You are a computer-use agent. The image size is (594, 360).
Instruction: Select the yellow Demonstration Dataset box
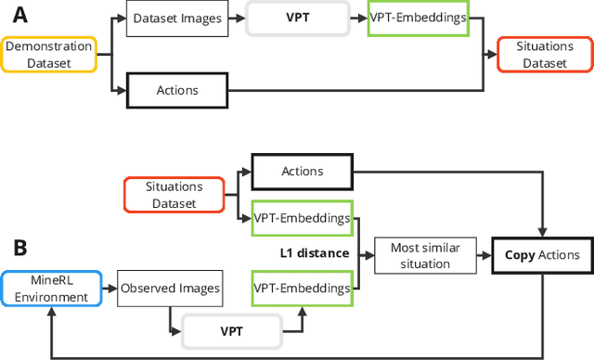48,56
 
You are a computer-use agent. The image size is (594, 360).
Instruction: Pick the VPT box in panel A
297,19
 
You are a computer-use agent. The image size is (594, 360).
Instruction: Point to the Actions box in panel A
178,91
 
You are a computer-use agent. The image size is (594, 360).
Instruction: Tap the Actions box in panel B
303,172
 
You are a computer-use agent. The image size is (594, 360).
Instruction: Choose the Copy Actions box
543,255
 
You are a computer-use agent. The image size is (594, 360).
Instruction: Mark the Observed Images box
170,289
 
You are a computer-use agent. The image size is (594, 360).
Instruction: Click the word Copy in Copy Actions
523,255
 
